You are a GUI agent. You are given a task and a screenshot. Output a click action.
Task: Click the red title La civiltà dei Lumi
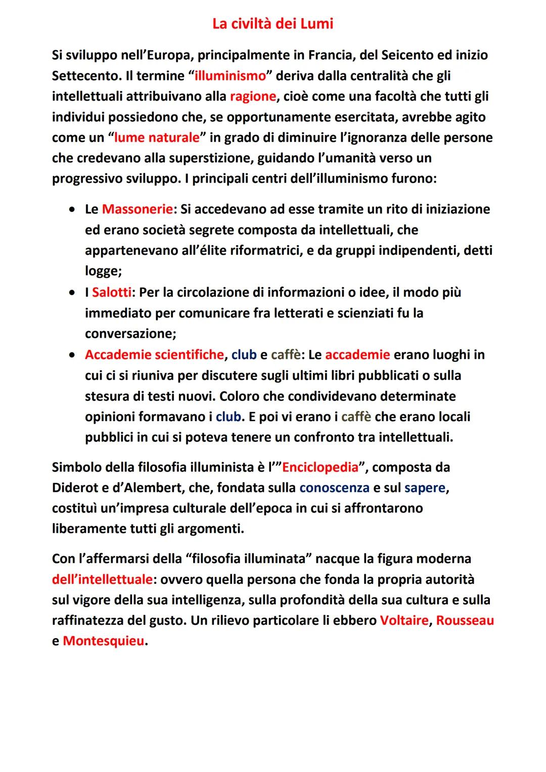click(x=272, y=24)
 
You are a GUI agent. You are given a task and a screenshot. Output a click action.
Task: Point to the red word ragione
click(x=253, y=96)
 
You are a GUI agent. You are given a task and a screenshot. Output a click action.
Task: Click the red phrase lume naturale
click(x=157, y=138)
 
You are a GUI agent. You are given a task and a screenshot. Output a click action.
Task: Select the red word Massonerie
click(x=137, y=209)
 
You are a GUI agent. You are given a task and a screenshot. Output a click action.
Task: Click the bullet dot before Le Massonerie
click(x=74, y=209)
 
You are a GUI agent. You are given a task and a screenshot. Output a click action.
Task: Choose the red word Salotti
click(x=111, y=292)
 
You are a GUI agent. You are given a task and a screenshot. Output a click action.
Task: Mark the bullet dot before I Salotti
click(x=74, y=293)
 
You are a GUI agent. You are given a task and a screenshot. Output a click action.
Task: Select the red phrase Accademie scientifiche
click(x=154, y=354)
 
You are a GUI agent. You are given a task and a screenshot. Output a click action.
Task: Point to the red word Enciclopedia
click(x=320, y=467)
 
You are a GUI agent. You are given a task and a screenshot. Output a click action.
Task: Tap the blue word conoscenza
click(x=334, y=488)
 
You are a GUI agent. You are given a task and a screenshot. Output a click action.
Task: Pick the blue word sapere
click(x=425, y=488)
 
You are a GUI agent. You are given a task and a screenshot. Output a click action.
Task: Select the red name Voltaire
click(x=404, y=620)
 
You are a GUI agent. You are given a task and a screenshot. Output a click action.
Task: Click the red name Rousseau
click(x=465, y=620)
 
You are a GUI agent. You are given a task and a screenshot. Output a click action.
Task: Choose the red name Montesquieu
click(x=103, y=641)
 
